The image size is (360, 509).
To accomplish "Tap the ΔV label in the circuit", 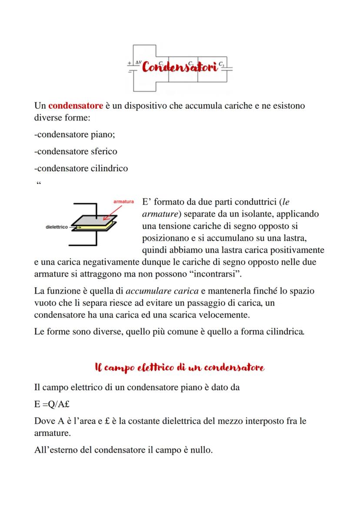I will pyautogui.click(x=138, y=62).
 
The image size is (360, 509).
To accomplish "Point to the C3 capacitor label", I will pyautogui.click(x=221, y=63).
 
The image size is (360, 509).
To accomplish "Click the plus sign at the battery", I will pyautogui.click(x=129, y=63).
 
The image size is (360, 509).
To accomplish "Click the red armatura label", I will pyautogui.click(x=123, y=202).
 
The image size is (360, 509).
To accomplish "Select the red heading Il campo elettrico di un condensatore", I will pyautogui.click(x=180, y=368).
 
